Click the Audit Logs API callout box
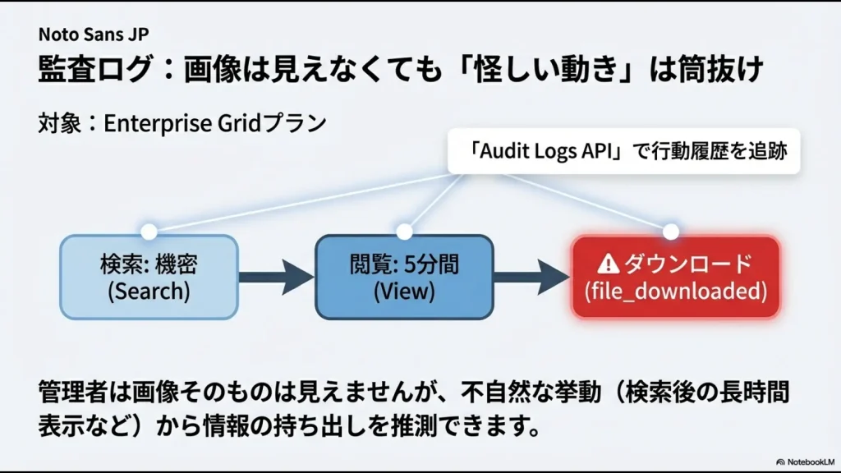point(625,151)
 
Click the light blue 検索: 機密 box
point(149,277)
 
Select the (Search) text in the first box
point(149,291)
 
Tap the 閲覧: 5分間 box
point(404,277)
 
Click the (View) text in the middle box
point(404,291)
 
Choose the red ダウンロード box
point(674,277)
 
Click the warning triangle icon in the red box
point(608,264)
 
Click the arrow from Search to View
point(276,278)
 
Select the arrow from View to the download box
point(531,278)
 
